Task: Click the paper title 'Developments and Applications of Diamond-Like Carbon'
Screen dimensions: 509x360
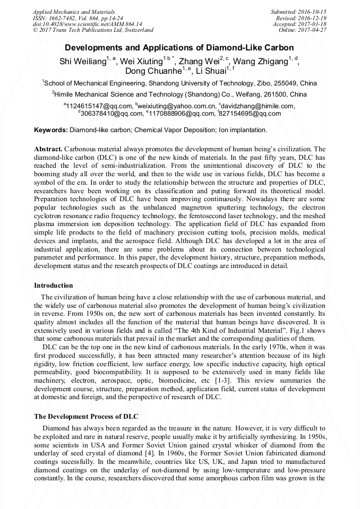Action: [x=179, y=48]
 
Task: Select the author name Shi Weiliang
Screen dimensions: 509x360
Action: [x=82, y=62]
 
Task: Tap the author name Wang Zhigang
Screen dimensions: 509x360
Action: [x=260, y=62]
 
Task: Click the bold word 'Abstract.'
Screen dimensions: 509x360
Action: [x=48, y=149]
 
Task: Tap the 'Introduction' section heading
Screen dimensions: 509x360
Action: [x=54, y=286]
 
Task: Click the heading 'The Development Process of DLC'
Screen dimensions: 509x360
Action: [x=86, y=416]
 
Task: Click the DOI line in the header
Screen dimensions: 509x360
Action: [x=88, y=24]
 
